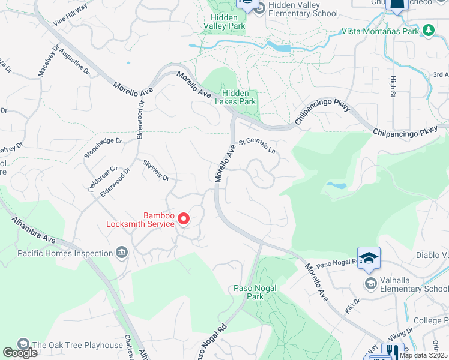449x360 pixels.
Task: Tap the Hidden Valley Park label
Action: tap(224, 22)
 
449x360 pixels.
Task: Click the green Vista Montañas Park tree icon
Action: tap(428, 30)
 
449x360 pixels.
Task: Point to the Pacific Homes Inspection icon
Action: tap(122, 253)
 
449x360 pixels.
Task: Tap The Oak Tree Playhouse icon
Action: tap(23, 344)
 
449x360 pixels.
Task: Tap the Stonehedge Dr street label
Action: tap(103, 148)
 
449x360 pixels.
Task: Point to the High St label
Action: tap(393, 86)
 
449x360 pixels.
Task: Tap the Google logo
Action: tap(20, 353)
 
